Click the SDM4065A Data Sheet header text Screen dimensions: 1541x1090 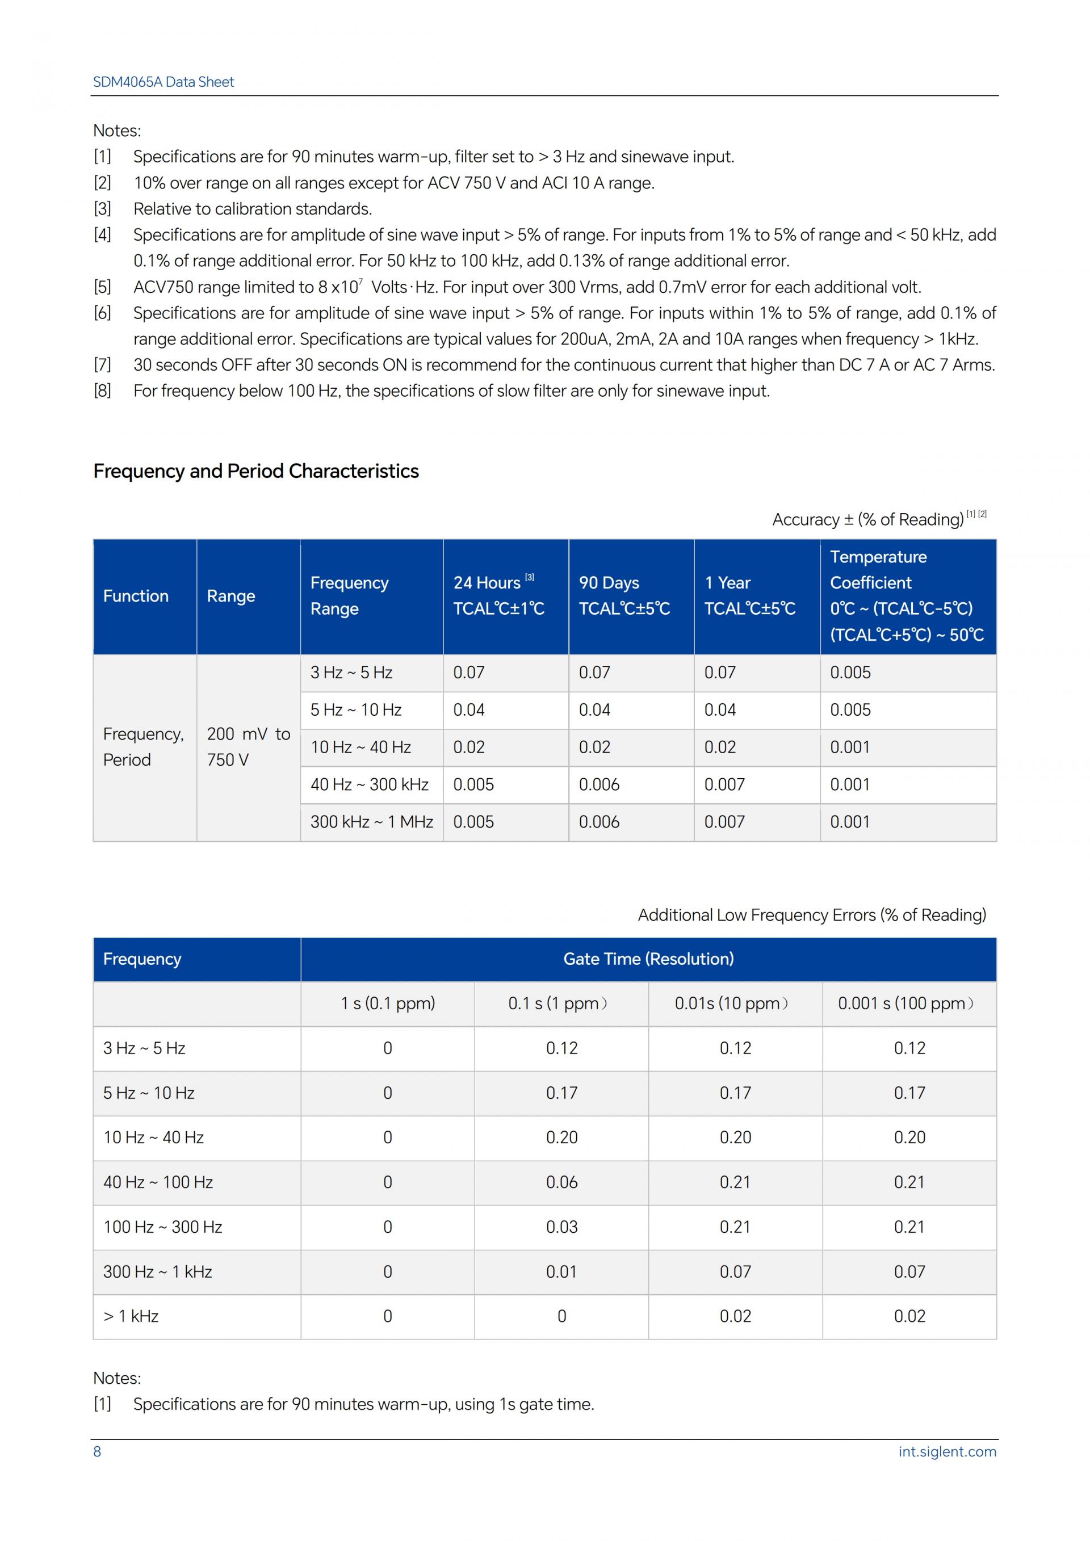(163, 82)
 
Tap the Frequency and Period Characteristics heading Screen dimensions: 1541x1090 (255, 471)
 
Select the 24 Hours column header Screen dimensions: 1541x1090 (493, 582)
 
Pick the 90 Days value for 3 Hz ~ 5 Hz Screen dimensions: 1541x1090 (594, 673)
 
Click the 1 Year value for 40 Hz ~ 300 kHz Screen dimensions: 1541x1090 (724, 784)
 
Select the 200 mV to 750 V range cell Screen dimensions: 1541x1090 (248, 746)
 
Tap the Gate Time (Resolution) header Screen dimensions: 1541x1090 (648, 959)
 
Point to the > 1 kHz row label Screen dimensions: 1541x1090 (131, 1316)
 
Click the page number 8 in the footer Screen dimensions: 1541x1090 (97, 1451)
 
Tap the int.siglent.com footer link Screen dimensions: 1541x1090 (946, 1451)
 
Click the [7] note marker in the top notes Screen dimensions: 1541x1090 (102, 365)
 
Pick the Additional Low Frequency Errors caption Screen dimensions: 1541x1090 (811, 915)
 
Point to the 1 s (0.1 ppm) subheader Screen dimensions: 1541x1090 (387, 1003)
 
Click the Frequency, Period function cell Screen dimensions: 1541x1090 (143, 746)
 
